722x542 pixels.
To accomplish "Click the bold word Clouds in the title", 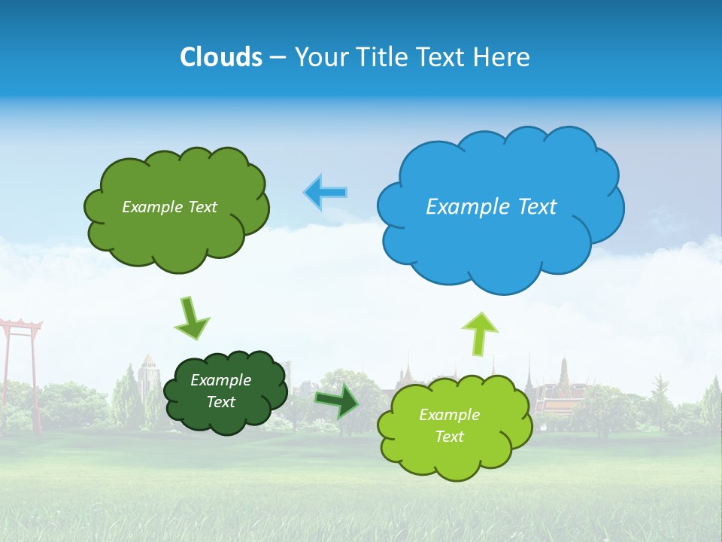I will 221,56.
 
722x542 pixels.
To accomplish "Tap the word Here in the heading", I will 504,56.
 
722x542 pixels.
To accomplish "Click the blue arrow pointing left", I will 326,193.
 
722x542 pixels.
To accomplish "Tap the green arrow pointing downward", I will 192,318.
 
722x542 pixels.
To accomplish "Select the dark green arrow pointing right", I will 338,400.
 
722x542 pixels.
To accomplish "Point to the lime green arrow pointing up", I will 479,333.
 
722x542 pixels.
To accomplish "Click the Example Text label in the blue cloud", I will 491,207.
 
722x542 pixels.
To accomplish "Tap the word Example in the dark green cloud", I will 220,380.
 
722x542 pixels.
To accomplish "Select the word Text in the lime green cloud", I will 449,437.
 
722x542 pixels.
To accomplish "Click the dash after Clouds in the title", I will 277,57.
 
